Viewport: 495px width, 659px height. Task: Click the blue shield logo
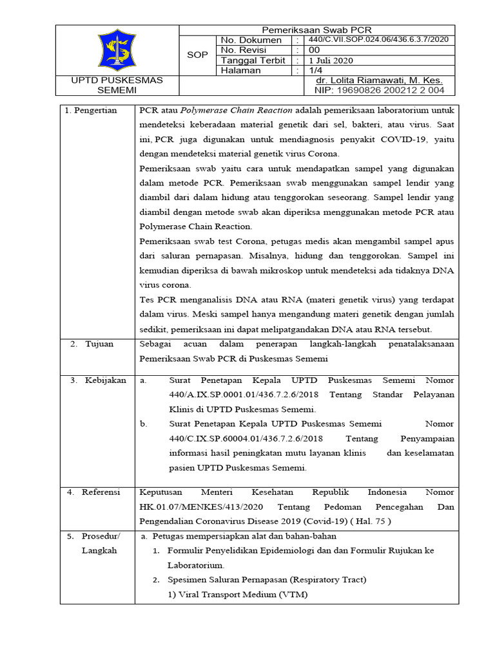(x=117, y=50)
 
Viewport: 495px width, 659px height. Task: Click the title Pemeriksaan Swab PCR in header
(x=315, y=30)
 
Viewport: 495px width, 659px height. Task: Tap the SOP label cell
(x=197, y=55)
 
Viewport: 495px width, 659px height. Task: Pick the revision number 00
(x=315, y=50)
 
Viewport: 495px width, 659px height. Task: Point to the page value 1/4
(x=315, y=71)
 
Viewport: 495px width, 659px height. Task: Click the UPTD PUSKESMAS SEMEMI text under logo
(x=117, y=86)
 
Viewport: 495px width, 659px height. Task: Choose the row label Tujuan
(x=97, y=344)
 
